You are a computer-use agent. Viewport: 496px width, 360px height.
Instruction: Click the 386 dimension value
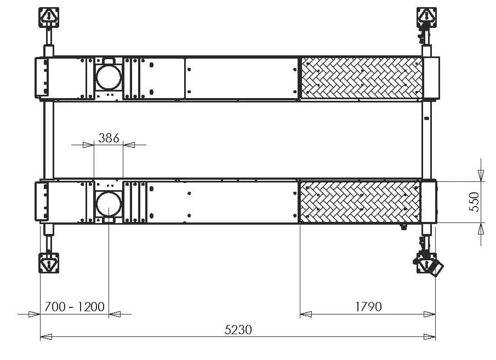[109, 138]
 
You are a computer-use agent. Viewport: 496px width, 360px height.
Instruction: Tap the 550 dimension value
[475, 202]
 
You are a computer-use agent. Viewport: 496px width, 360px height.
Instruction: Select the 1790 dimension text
[368, 306]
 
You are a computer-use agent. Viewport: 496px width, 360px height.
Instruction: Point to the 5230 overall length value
[238, 330]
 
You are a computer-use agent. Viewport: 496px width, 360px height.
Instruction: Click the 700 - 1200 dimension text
[75, 306]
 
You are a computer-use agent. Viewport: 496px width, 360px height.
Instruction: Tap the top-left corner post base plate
[49, 18]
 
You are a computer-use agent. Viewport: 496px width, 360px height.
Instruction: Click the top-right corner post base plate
[426, 18]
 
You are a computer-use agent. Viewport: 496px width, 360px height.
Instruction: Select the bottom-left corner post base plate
[49, 263]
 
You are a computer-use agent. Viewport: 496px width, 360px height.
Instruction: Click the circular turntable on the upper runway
[109, 77]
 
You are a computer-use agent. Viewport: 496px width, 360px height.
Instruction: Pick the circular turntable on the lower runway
[109, 204]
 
